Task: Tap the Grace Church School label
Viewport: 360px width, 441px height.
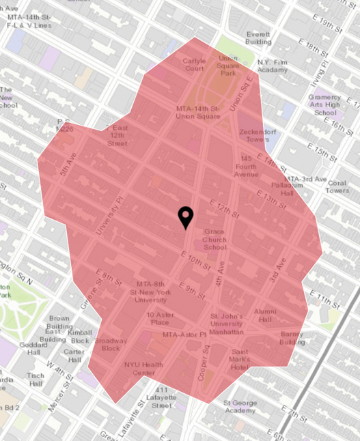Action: point(214,240)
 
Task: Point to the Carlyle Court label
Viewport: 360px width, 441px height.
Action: point(194,64)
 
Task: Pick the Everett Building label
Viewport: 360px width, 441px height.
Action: point(259,38)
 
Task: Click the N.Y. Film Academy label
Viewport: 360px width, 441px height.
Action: point(273,66)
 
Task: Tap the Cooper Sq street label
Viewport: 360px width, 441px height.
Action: point(204,354)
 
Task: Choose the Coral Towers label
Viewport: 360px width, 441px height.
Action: point(337,186)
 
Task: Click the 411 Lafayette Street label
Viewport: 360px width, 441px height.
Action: point(162,397)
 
